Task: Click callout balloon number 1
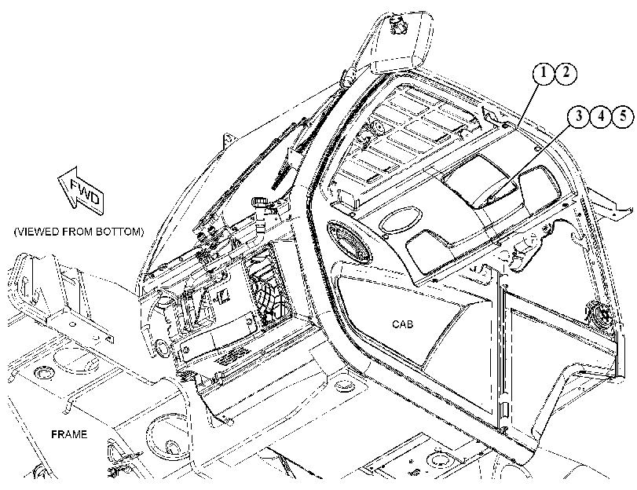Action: tap(544, 74)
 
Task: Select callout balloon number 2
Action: tap(566, 74)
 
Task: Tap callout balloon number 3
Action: tap(578, 116)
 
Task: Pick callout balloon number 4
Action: tap(601, 116)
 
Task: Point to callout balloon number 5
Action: tap(623, 116)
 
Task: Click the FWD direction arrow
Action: tap(81, 190)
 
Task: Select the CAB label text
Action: tap(403, 324)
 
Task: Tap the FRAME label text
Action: tap(69, 434)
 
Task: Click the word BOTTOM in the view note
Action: tap(120, 232)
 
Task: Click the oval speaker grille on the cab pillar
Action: tap(350, 242)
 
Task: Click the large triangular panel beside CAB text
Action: tap(410, 321)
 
